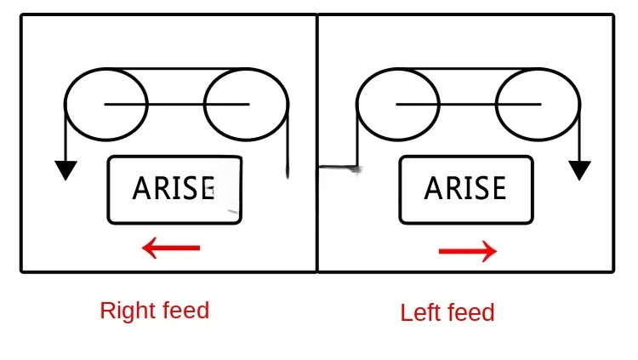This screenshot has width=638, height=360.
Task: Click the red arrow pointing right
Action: [x=467, y=251]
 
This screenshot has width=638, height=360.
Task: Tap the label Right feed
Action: [x=154, y=311]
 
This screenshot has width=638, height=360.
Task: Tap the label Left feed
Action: [x=447, y=313]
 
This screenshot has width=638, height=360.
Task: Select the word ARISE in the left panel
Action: [x=174, y=188]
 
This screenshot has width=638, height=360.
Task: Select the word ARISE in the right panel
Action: [x=464, y=188]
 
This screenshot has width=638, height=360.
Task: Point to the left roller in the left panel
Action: [x=106, y=105]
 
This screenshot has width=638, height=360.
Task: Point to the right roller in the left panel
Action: [x=247, y=105]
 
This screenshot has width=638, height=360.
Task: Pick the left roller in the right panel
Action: [x=398, y=105]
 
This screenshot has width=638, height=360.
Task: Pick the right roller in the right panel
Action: [x=538, y=105]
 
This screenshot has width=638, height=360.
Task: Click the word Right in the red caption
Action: [x=124, y=311]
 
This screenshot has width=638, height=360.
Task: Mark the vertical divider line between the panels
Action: [x=317, y=221]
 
